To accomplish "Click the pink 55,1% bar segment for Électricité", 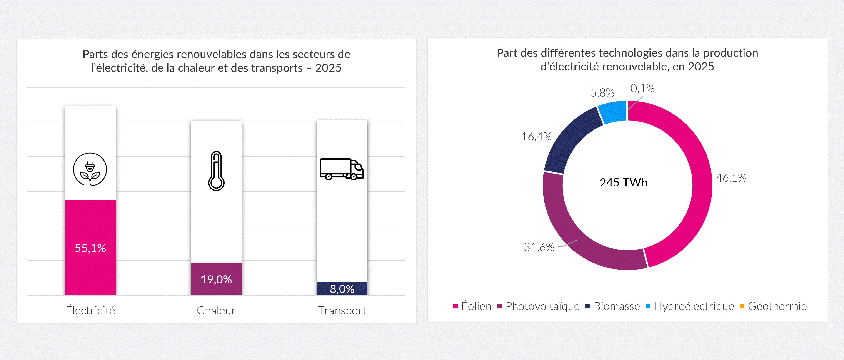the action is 90,247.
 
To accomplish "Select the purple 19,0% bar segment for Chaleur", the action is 216,279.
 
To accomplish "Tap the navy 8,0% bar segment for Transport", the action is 342,288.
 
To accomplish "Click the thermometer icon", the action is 216,171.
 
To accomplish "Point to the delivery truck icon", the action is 342,169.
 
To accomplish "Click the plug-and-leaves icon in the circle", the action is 90,169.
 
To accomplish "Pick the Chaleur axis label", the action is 216,310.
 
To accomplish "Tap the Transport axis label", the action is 342,310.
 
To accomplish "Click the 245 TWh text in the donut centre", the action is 624,182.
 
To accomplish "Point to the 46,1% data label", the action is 731,178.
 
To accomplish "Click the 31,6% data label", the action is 539,247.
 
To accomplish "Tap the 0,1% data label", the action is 642,88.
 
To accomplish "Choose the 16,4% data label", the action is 536,136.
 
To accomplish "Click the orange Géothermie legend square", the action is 742,306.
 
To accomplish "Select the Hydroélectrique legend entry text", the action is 694,306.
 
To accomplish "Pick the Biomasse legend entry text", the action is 617,306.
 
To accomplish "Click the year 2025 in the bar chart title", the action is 328,68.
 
